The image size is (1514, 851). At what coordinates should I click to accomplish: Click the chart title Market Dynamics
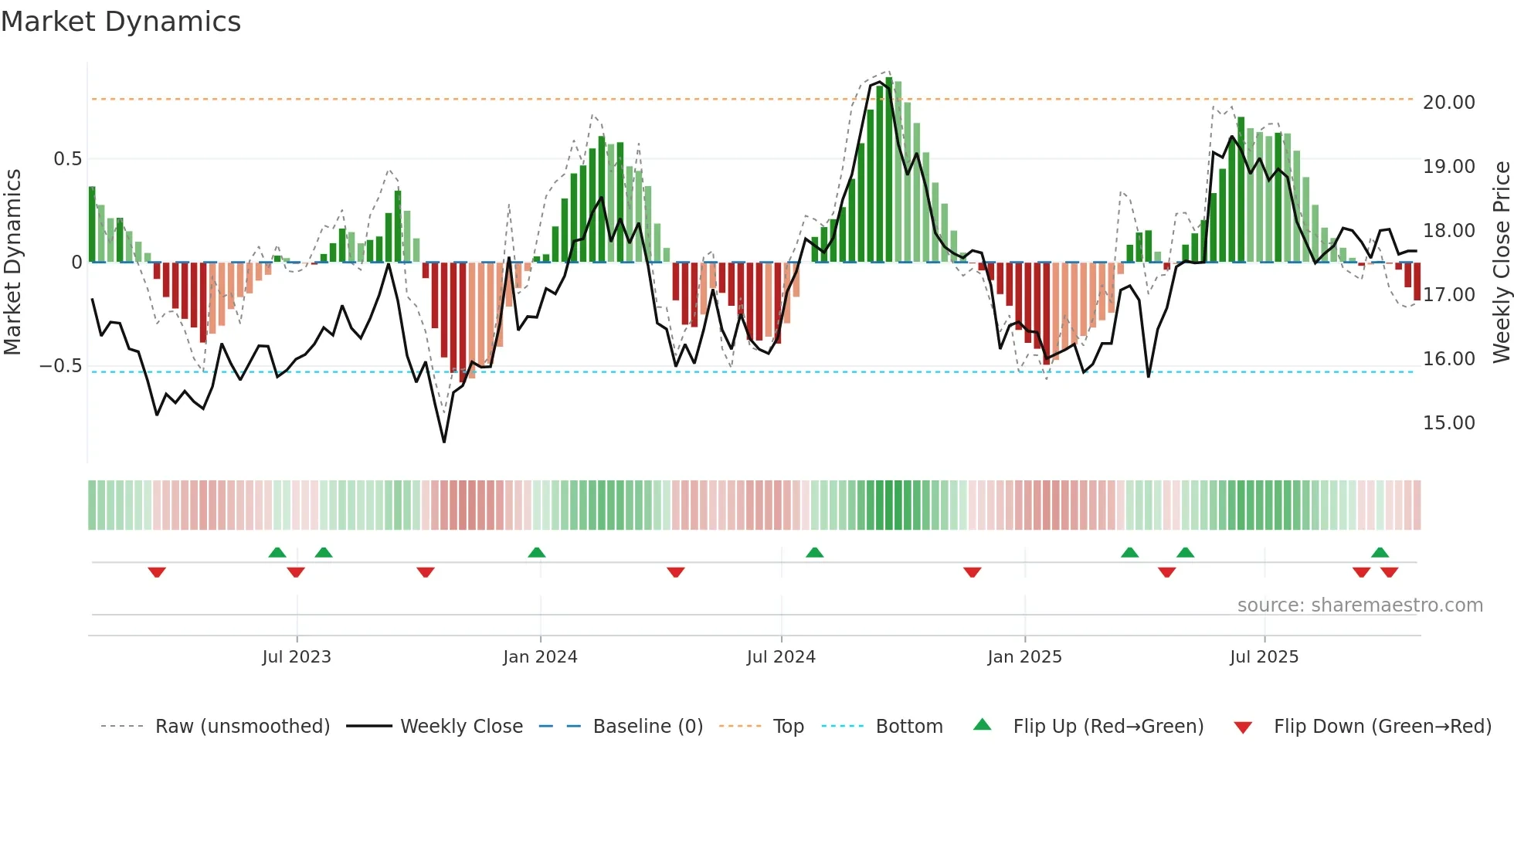click(121, 22)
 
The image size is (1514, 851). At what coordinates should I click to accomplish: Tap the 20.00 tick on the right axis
click(1448, 103)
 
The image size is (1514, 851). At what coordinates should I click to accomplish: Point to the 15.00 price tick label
click(1448, 423)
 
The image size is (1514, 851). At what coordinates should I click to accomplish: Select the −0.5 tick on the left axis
click(60, 366)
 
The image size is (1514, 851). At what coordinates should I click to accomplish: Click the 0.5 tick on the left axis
click(67, 159)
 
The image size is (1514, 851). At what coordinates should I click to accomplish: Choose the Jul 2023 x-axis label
click(297, 657)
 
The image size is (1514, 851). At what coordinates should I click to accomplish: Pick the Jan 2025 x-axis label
click(1024, 657)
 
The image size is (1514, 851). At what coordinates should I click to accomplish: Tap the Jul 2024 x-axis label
click(781, 657)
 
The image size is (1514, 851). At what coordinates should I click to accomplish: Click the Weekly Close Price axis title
click(1501, 262)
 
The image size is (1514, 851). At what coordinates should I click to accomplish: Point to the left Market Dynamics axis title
click(12, 262)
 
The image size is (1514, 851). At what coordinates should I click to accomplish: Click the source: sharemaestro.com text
click(1360, 605)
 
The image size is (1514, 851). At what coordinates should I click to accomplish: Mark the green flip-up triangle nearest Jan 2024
click(537, 552)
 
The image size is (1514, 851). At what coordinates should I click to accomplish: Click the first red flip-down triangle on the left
click(157, 572)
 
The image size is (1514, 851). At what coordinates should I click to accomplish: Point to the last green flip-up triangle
click(1380, 552)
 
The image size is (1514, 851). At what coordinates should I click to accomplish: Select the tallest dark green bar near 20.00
click(889, 170)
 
